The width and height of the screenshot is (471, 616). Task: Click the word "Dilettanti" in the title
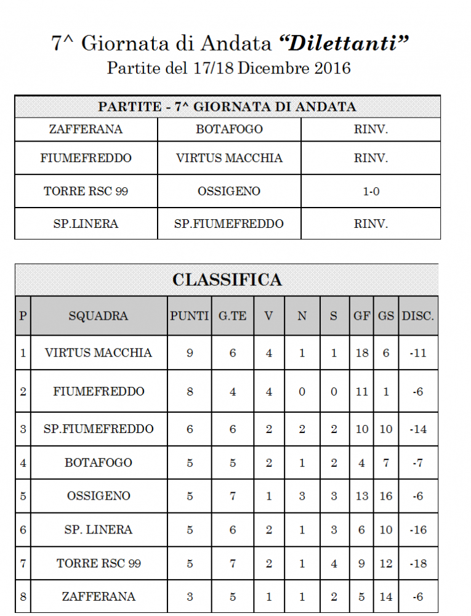(x=344, y=43)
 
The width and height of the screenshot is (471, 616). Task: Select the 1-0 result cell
(x=371, y=192)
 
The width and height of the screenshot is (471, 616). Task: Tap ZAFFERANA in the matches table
(x=86, y=129)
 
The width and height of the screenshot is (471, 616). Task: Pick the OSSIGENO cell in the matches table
(x=229, y=192)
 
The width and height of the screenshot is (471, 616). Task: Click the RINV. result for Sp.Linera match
(x=371, y=224)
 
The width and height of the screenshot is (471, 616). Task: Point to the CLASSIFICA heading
(x=227, y=280)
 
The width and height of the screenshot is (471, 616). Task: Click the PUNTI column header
(x=189, y=316)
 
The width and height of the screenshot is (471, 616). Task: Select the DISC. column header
(x=418, y=316)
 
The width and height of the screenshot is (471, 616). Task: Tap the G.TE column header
(x=232, y=316)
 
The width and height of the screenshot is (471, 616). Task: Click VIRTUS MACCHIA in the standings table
(x=99, y=353)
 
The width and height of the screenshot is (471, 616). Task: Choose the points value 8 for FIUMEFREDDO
(x=189, y=392)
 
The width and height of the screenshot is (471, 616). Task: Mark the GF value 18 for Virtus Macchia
(x=362, y=353)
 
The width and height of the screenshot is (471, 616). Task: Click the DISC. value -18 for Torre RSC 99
(x=418, y=564)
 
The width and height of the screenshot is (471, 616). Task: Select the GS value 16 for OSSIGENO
(x=386, y=496)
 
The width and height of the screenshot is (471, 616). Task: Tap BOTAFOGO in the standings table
(x=99, y=463)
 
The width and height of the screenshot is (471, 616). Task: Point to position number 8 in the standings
(x=23, y=597)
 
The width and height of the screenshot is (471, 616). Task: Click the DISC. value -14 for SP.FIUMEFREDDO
(x=418, y=429)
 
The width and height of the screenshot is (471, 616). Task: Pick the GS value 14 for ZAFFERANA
(x=386, y=597)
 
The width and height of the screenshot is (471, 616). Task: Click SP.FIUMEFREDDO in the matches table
(x=229, y=224)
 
